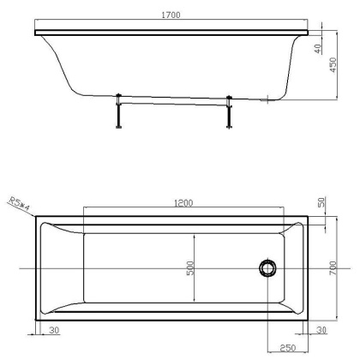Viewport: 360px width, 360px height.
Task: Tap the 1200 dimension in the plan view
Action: coord(183,204)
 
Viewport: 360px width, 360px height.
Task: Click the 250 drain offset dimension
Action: coord(288,348)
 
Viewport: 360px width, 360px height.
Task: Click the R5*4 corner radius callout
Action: coord(18,207)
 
